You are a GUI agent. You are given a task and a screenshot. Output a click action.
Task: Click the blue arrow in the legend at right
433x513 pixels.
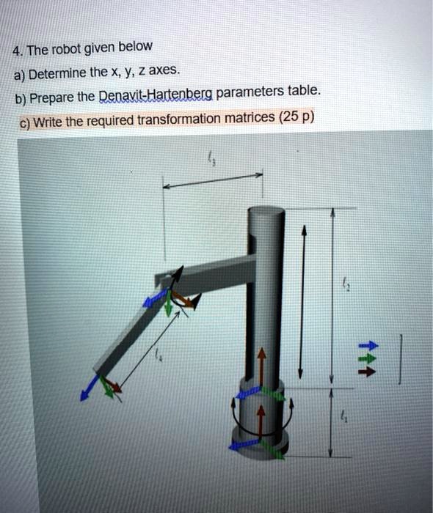pos(371,344)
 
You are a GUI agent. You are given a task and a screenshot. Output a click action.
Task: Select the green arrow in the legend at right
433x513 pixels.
pos(371,358)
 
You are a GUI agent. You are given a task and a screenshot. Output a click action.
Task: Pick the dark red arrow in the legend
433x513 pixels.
pos(371,369)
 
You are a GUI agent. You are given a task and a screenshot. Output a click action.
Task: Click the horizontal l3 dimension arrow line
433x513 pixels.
pos(213,181)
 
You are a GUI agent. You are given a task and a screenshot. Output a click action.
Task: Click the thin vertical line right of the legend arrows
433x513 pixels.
pos(401,358)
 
